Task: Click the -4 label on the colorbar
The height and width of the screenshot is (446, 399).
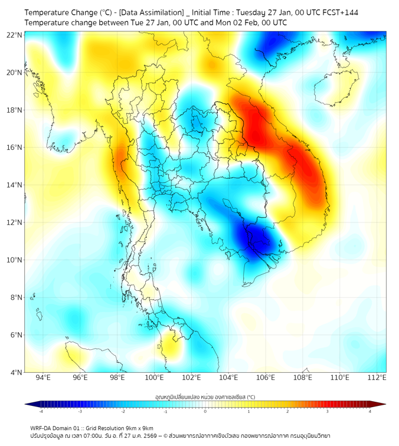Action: click(x=41, y=411)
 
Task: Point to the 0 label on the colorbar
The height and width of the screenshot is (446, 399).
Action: click(x=205, y=411)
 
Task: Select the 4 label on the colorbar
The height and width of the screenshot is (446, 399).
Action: click(x=370, y=411)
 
